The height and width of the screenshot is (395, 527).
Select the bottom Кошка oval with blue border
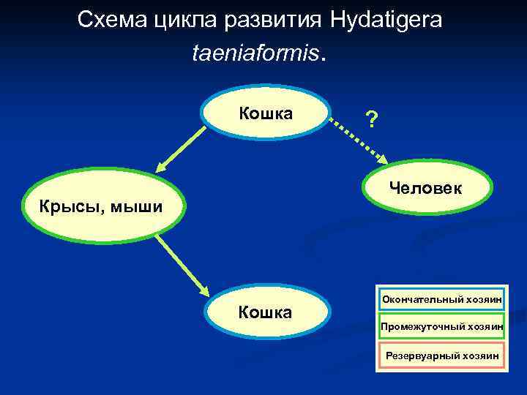(265, 314)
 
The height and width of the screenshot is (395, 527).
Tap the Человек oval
(426, 189)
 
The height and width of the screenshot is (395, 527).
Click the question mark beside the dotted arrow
(372, 118)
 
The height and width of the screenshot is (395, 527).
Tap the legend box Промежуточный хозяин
(441, 327)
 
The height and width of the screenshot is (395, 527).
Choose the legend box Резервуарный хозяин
(441, 356)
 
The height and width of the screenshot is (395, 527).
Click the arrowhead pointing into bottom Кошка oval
(204, 287)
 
